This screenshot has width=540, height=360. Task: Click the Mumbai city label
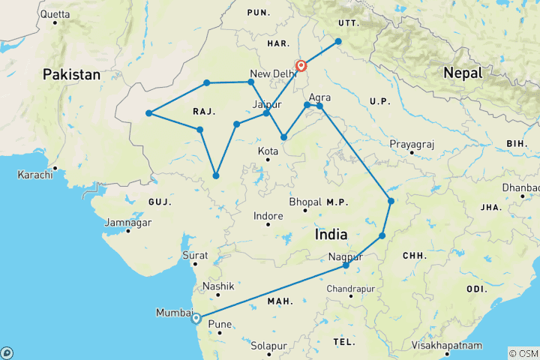click(x=172, y=312)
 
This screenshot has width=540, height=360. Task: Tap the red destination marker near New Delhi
click(x=301, y=66)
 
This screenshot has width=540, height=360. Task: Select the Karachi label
click(x=37, y=175)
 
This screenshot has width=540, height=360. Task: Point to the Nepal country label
click(x=457, y=73)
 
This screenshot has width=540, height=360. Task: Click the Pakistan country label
click(x=71, y=74)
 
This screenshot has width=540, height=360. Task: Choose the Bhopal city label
click(x=306, y=202)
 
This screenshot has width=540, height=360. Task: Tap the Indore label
click(x=268, y=216)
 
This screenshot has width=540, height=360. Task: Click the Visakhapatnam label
click(x=447, y=346)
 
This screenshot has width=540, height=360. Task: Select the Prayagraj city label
click(x=412, y=144)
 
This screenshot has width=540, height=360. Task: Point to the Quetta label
click(x=55, y=13)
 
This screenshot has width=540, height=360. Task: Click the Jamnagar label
click(x=127, y=223)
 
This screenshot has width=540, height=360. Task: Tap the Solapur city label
click(x=269, y=346)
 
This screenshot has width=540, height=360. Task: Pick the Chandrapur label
click(x=350, y=289)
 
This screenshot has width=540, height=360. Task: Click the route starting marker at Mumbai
click(x=196, y=318)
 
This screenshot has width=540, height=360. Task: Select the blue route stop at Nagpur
click(x=346, y=265)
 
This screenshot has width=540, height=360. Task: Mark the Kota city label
click(x=268, y=151)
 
